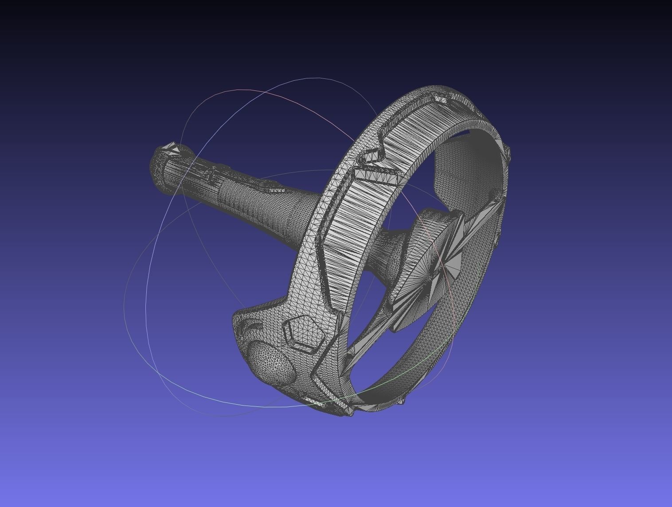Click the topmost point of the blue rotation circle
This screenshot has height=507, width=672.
tap(317, 78)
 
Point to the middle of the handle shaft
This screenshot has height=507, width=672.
tap(235, 195)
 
